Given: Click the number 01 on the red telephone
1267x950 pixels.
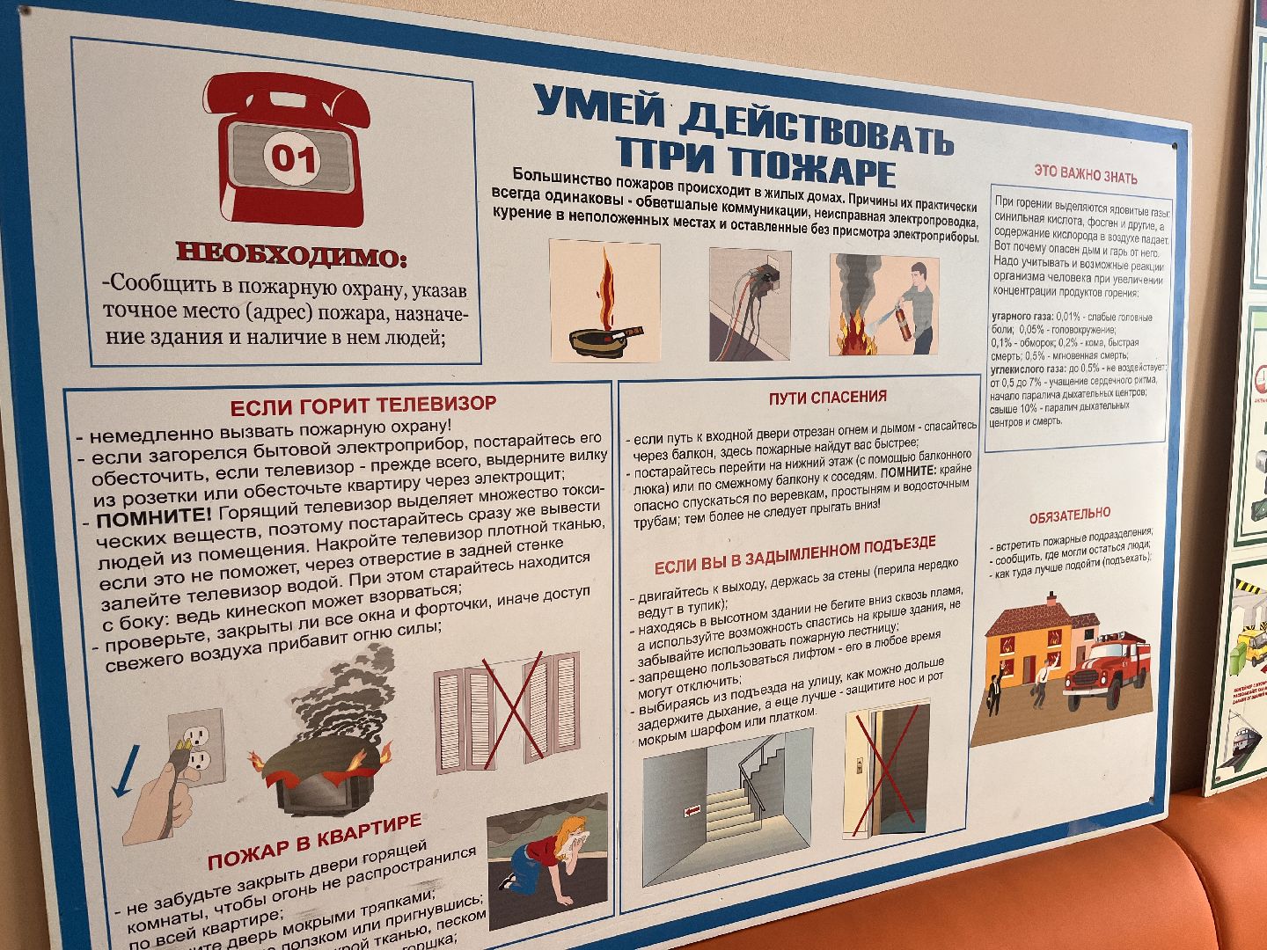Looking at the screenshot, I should [x=293, y=158].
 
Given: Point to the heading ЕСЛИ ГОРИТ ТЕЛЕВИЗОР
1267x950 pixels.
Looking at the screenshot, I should [x=363, y=406].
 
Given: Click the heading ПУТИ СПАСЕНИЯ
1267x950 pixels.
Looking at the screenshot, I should [x=827, y=397].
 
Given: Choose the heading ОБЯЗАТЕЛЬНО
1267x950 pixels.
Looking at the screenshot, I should [x=1069, y=513].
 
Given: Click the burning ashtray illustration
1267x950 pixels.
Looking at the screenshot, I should [x=604, y=302].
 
